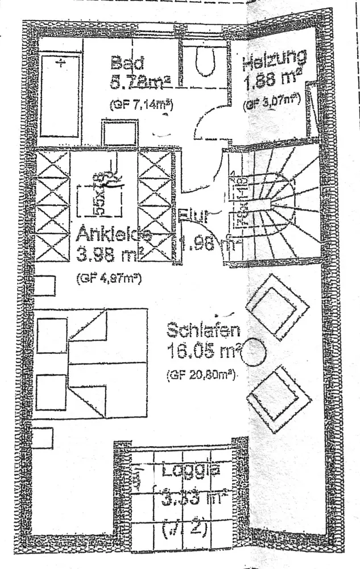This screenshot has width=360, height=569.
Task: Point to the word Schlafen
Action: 203,331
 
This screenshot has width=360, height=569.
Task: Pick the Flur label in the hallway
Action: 195,216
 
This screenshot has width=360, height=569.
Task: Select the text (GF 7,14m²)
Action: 140,104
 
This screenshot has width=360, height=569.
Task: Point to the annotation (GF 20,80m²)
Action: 202,376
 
